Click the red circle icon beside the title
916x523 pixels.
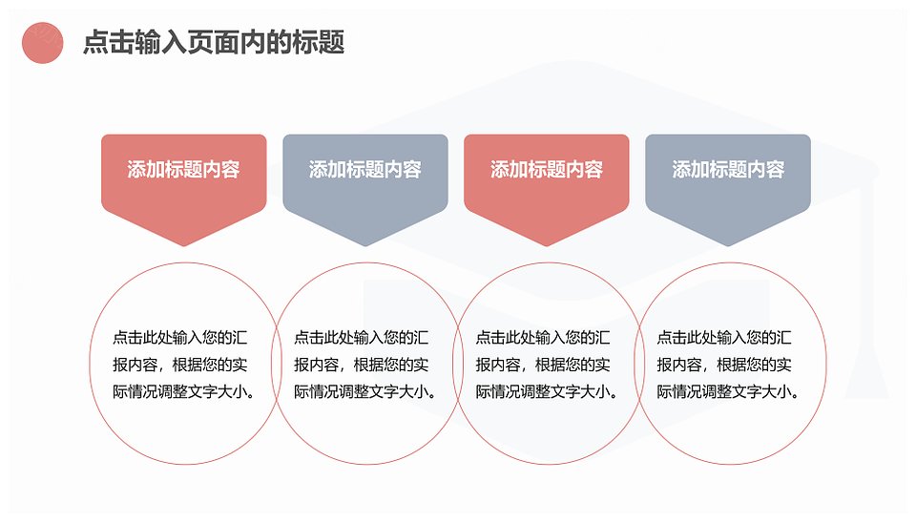pyautogui.click(x=43, y=43)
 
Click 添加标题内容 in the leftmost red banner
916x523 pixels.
pyautogui.click(x=183, y=170)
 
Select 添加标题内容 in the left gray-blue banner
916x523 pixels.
pyautogui.click(x=365, y=170)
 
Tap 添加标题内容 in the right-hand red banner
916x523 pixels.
pyautogui.click(x=547, y=170)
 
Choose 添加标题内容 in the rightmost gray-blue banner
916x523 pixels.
pyautogui.click(x=728, y=170)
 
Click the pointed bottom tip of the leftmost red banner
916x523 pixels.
pyautogui.click(x=184, y=246)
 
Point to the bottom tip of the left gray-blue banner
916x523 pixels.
pyautogui.click(x=365, y=246)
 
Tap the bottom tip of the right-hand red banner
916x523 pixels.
pyautogui.click(x=547, y=246)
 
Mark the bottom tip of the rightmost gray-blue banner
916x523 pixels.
pyautogui.click(x=728, y=246)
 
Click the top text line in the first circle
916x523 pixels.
pyautogui.click(x=180, y=337)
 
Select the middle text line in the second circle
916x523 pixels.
pyautogui.click(x=361, y=365)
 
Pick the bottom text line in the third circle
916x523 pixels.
pyautogui.click(x=547, y=391)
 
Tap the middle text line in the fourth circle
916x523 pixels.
pyautogui.click(x=724, y=365)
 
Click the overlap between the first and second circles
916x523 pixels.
pyautogui.click(x=277, y=364)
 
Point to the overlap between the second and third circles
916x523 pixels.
pyautogui.click(x=459, y=364)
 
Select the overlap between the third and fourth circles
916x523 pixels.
pyautogui.click(x=639, y=364)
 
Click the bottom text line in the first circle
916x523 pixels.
pyautogui.click(x=184, y=391)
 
